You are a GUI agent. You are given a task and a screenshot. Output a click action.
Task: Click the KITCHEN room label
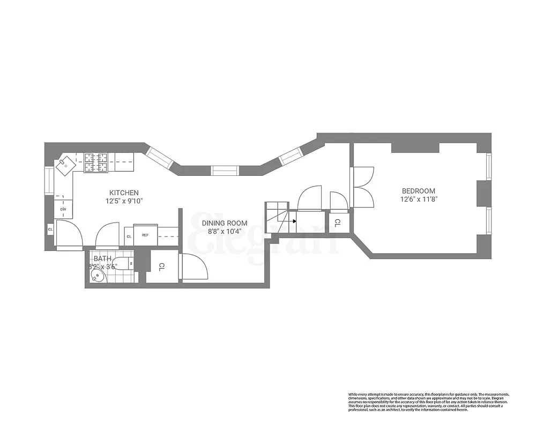pyautogui.click(x=124, y=193)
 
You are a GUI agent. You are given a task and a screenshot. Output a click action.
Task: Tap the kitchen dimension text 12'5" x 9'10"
pyautogui.click(x=124, y=201)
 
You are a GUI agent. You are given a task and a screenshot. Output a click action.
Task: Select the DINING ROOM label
pyautogui.click(x=225, y=223)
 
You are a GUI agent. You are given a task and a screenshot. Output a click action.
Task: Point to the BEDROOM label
pyautogui.click(x=419, y=191)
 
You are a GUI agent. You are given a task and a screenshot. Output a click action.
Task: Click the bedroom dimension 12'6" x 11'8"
pyautogui.click(x=419, y=199)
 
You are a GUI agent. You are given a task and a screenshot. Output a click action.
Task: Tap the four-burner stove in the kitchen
pyautogui.click(x=95, y=163)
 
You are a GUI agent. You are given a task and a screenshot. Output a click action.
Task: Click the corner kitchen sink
pyautogui.click(x=66, y=165)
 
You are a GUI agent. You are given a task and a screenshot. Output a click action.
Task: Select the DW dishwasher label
pyautogui.click(x=63, y=209)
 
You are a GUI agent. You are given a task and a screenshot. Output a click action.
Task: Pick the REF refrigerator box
pyautogui.click(x=145, y=235)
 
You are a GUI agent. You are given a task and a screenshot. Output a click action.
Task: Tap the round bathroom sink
pyautogui.click(x=97, y=276)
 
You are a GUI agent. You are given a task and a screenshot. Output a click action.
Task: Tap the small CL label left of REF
pyautogui.click(x=129, y=236)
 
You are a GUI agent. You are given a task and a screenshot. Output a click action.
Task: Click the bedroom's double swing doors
pyautogui.click(x=362, y=187)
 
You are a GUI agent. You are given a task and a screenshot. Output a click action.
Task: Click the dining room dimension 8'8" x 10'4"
pyautogui.click(x=225, y=231)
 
